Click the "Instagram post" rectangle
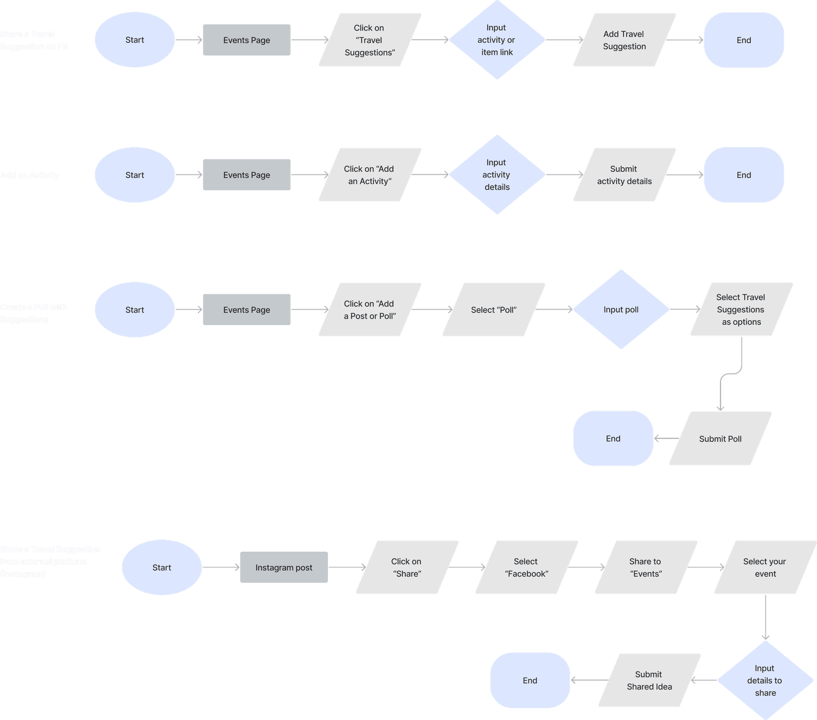tap(284, 567)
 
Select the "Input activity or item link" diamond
tap(497, 40)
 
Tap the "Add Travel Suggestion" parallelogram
tap(624, 40)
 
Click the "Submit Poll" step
tap(720, 438)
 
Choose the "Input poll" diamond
tap(621, 310)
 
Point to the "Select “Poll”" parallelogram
tap(493, 310)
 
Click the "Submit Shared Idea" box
tap(649, 680)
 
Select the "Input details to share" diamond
tap(765, 680)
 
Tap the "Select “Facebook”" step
tap(527, 567)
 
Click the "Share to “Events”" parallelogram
tap(645, 567)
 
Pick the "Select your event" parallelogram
tap(765, 567)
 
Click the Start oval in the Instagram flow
tap(162, 567)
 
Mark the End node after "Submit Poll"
tap(613, 438)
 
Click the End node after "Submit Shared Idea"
tap(530, 680)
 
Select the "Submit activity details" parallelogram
tap(624, 175)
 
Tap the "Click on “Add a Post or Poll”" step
tap(370, 310)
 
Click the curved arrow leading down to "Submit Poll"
tap(731, 374)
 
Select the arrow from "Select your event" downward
tap(766, 617)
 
